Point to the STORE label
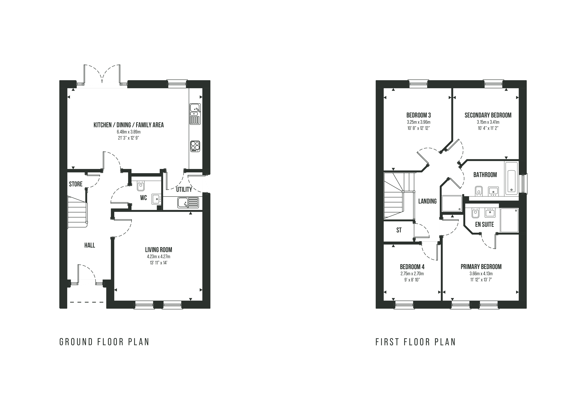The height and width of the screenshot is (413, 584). click(76, 184)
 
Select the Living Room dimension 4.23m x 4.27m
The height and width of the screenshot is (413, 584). click(158, 257)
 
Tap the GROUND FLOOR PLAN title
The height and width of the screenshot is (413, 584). click(104, 342)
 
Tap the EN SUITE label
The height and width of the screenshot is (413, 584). click(485, 224)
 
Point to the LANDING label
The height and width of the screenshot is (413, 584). click(427, 201)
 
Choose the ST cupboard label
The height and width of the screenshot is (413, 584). click(399, 230)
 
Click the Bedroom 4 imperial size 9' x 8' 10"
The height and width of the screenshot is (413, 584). click(412, 280)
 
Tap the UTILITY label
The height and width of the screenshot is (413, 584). click(184, 189)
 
